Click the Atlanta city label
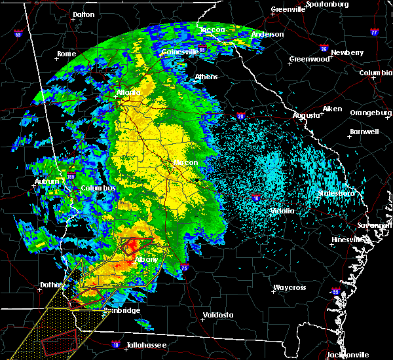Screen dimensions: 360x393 128,93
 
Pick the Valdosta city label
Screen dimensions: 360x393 219,315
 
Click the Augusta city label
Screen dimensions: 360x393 307,115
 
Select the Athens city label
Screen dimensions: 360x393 206,77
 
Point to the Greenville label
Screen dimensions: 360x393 289,10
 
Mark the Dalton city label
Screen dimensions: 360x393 83,14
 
